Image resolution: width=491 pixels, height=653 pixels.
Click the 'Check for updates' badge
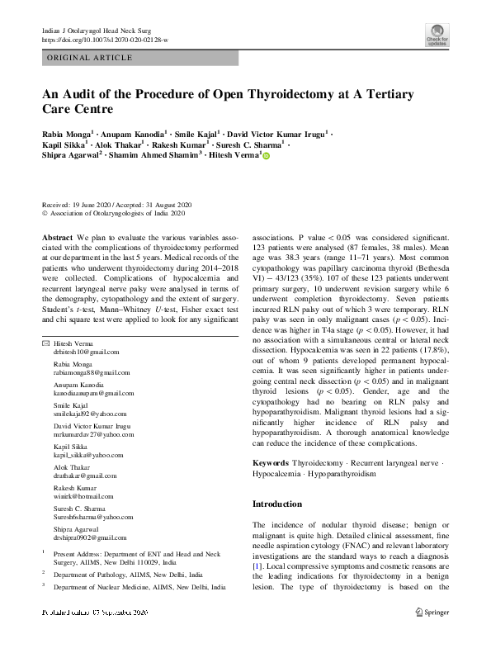point(437,35)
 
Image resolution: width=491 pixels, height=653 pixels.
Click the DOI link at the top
point(105,40)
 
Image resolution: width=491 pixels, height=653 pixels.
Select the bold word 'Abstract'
point(59,237)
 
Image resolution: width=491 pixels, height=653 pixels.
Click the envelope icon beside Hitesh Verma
point(45,343)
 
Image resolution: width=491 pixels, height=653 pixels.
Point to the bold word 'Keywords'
point(270,464)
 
